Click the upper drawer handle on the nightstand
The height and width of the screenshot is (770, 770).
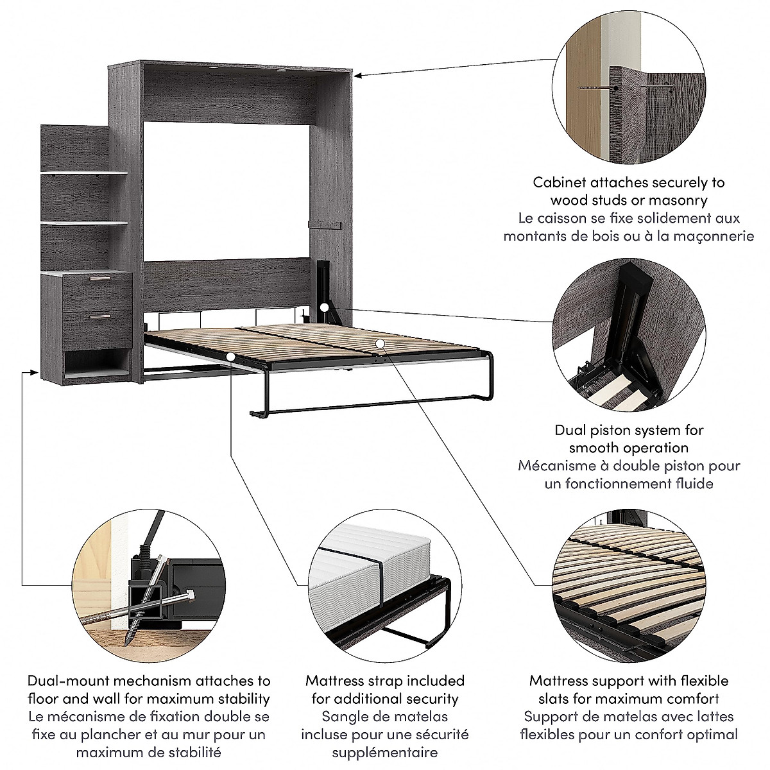click(x=99, y=278)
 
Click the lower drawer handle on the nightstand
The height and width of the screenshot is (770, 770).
click(x=98, y=316)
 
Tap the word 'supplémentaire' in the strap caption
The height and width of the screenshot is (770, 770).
click(x=385, y=753)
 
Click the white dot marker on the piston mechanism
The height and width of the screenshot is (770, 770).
click(x=325, y=308)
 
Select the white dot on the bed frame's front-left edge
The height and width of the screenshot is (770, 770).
click(x=230, y=355)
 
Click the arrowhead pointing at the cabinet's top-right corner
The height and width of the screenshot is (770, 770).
click(x=358, y=76)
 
